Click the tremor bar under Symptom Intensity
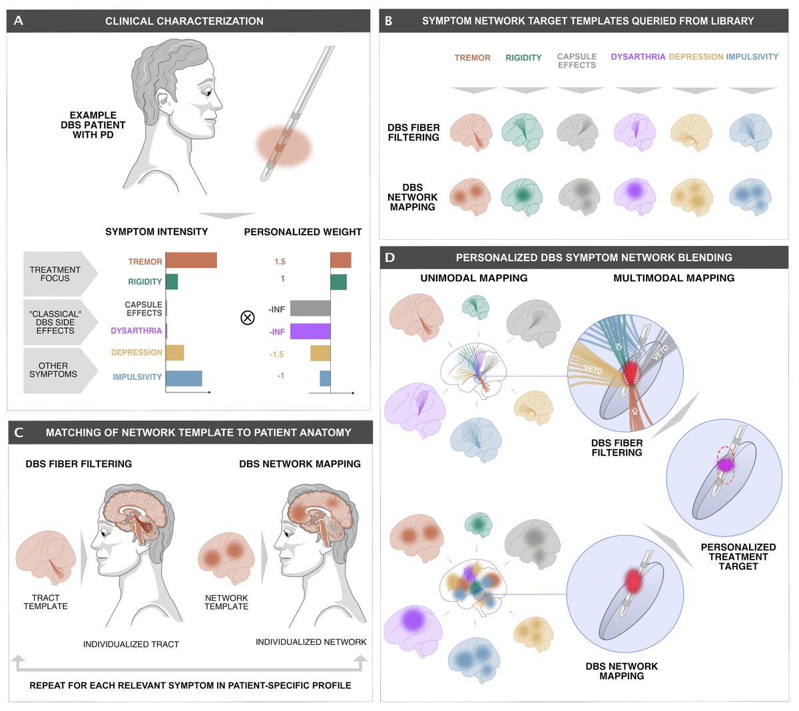pyautogui.click(x=191, y=261)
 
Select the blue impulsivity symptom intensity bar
pyautogui.click(x=184, y=378)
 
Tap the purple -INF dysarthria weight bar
pyautogui.click(x=310, y=331)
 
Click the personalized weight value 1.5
pyautogui.click(x=280, y=262)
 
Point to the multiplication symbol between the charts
pyautogui.click(x=247, y=318)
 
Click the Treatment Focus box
pyautogui.click(x=57, y=274)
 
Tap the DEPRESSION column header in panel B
pyautogui.click(x=696, y=57)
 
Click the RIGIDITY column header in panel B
pyautogui.click(x=523, y=58)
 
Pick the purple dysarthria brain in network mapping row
pyautogui.click(x=635, y=193)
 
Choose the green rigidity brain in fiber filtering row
pyautogui.click(x=523, y=131)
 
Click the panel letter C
pyautogui.click(x=19, y=432)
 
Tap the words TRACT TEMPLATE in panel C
pyautogui.click(x=46, y=602)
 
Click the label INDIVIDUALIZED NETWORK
pyautogui.click(x=311, y=642)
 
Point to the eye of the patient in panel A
pyautogui.click(x=208, y=93)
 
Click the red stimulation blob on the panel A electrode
pyautogui.click(x=284, y=147)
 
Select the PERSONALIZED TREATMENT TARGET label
pyautogui.click(x=738, y=556)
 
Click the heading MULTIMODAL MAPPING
pyautogui.click(x=674, y=278)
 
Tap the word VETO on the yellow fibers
pyautogui.click(x=593, y=369)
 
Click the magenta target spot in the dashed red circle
pyautogui.click(x=725, y=464)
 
